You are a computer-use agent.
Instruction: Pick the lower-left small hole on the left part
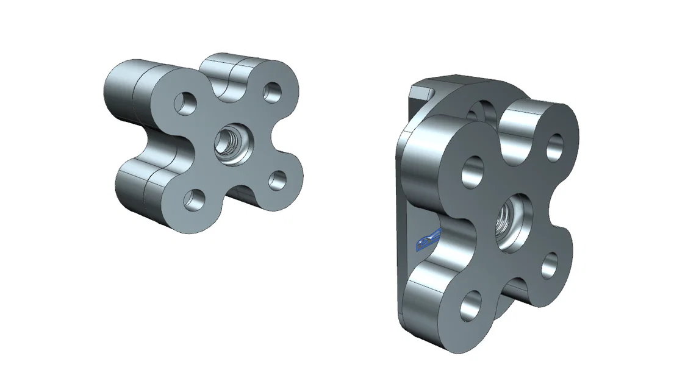[x=195, y=199]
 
